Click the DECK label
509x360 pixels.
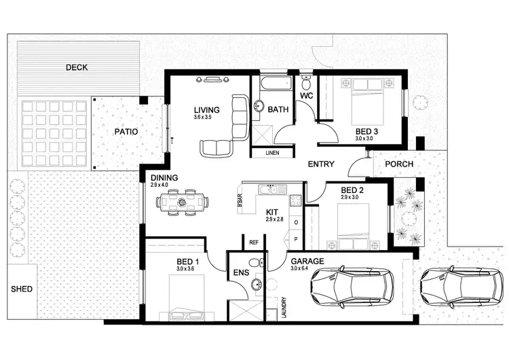point(77,67)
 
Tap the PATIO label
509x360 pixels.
point(126,132)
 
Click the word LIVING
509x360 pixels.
point(204,109)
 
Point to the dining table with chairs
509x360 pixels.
point(182,202)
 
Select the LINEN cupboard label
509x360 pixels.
point(272,153)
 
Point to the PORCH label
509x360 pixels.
point(399,164)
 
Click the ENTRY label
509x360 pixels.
point(320,164)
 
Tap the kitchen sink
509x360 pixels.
point(271,188)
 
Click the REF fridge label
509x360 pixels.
point(254,242)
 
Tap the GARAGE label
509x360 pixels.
point(307,261)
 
